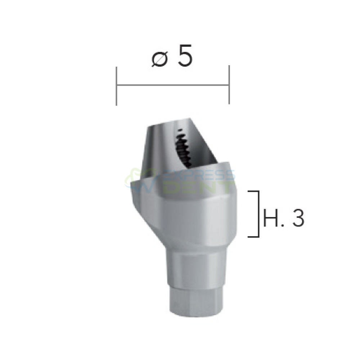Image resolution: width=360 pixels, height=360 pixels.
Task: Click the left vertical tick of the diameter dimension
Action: pyautogui.click(x=117, y=86)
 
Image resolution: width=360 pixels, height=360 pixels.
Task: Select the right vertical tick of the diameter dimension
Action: pyautogui.click(x=229, y=85)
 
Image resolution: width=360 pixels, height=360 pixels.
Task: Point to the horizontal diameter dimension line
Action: pyautogui.click(x=173, y=85)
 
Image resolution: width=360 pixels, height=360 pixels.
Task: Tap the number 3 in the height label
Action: pyautogui.click(x=298, y=218)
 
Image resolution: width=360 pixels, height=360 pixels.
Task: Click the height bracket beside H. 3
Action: pyautogui.click(x=258, y=214)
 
